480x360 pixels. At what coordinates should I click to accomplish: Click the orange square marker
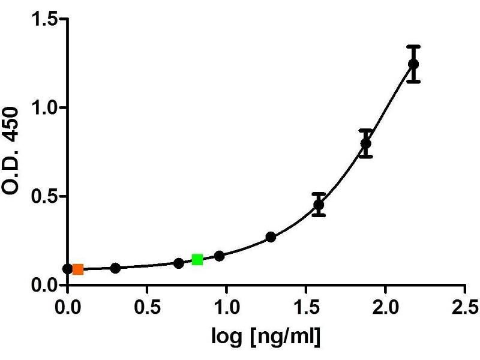coord(78,269)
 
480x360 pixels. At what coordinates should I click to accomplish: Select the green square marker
coord(197,259)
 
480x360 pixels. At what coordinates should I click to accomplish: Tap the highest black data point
coord(413,64)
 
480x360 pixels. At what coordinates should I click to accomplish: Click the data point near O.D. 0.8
coord(365,143)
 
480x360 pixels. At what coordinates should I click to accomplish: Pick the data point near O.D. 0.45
coord(319,205)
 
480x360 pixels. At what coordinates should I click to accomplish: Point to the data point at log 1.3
coord(271,237)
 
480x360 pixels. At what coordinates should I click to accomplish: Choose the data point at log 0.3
coord(115,268)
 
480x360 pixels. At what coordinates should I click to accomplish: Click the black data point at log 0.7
coord(179,263)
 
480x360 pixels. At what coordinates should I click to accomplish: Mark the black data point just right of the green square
coord(219,256)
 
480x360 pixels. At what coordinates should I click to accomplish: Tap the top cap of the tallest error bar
coord(413,46)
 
